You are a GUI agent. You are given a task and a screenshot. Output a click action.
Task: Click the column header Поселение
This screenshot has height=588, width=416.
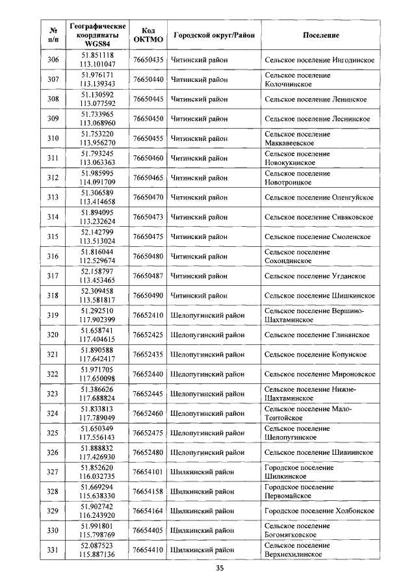click(x=321, y=34)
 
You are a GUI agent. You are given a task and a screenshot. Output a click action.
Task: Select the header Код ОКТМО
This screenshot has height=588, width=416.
click(x=148, y=34)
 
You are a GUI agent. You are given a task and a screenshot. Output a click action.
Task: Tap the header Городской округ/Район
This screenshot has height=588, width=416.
click(x=213, y=34)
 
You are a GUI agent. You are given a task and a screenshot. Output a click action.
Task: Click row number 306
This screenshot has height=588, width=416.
click(x=53, y=60)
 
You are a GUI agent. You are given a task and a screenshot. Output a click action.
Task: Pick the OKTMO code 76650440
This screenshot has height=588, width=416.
click(x=148, y=79)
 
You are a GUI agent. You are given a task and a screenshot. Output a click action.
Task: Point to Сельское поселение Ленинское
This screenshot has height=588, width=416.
click(x=316, y=99)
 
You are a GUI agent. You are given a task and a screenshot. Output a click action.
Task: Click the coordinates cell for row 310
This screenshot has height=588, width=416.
click(x=97, y=138)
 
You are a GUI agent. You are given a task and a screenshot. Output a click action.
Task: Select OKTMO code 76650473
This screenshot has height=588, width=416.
click(x=148, y=217)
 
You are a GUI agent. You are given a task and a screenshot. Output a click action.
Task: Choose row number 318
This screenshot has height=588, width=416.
click(x=53, y=296)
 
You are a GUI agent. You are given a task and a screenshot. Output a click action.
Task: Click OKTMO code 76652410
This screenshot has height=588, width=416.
click(x=148, y=315)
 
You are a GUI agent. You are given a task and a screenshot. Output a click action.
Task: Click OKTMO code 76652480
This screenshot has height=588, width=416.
click(x=148, y=452)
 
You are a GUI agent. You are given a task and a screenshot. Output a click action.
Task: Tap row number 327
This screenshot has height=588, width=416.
click(x=53, y=472)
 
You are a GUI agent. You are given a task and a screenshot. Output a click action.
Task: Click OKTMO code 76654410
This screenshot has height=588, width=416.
click(x=148, y=550)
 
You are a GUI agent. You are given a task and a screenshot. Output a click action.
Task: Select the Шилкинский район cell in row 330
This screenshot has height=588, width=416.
click(x=202, y=531)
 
